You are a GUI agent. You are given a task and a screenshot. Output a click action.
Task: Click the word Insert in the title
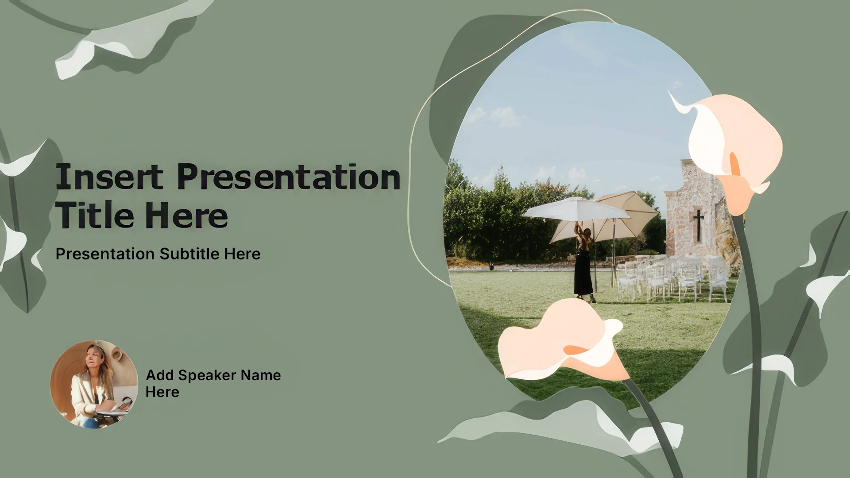[x=109, y=177]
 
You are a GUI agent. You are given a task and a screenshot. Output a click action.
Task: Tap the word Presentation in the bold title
[x=289, y=177]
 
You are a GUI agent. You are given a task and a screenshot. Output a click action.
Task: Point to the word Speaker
[x=207, y=375]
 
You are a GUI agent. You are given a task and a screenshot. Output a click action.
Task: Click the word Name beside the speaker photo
[x=261, y=375]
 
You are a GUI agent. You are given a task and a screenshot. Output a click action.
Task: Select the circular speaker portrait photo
[x=94, y=384]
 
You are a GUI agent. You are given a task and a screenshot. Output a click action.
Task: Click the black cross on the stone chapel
[x=699, y=225]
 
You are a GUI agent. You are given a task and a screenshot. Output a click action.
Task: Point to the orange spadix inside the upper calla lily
[x=734, y=165]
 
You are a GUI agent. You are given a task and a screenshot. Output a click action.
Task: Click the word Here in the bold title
[x=186, y=215]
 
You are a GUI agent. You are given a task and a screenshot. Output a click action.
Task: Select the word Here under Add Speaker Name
[x=162, y=392]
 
